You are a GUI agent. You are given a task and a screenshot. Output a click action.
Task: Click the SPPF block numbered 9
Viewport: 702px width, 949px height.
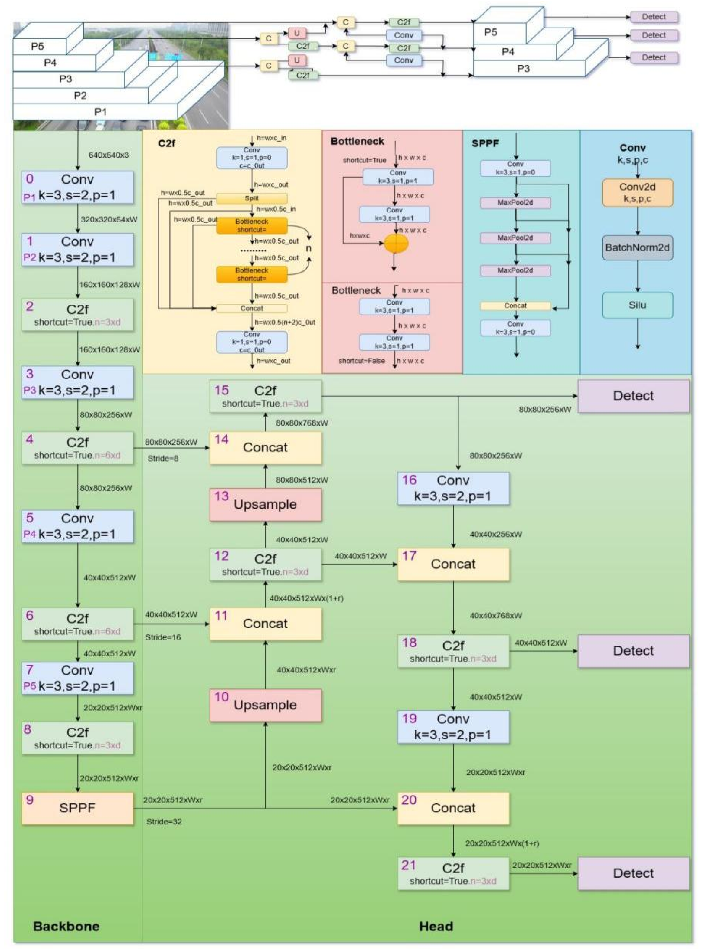click(x=77, y=808)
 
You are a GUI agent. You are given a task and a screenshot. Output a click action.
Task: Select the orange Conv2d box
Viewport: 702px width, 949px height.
click(x=637, y=192)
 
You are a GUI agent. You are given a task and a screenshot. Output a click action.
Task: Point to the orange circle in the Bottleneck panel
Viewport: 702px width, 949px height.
click(x=396, y=243)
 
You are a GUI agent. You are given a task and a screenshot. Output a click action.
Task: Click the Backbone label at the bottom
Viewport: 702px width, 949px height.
click(x=66, y=926)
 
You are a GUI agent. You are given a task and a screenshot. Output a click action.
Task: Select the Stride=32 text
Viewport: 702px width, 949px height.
click(x=164, y=822)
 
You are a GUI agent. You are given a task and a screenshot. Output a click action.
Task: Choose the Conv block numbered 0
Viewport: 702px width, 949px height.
click(x=77, y=187)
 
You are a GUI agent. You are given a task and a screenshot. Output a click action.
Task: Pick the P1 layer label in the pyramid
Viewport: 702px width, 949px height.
click(x=100, y=112)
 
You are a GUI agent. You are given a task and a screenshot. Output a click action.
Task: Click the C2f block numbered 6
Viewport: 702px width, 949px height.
click(x=77, y=624)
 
